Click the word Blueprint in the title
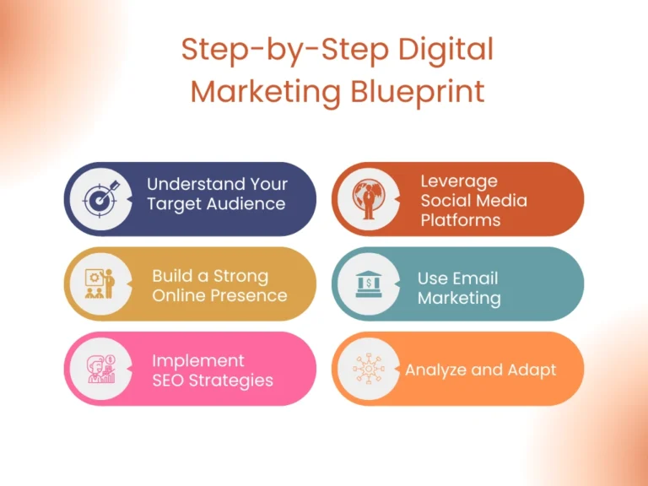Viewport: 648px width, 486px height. [x=418, y=93]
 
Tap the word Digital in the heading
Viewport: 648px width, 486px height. [x=445, y=50]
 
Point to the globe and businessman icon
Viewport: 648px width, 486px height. [x=369, y=199]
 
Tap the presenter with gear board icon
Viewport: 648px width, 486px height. [x=100, y=283]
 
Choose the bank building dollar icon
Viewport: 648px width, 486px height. [x=369, y=283]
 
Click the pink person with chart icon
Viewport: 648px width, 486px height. [x=101, y=369]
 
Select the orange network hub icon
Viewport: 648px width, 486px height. [x=369, y=369]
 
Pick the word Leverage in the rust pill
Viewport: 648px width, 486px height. [x=459, y=182]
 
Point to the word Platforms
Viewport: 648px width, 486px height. [x=461, y=220]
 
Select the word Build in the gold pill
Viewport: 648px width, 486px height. [x=173, y=276]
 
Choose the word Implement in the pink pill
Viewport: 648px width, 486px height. [x=198, y=362]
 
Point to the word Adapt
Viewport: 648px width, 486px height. [x=532, y=370]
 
